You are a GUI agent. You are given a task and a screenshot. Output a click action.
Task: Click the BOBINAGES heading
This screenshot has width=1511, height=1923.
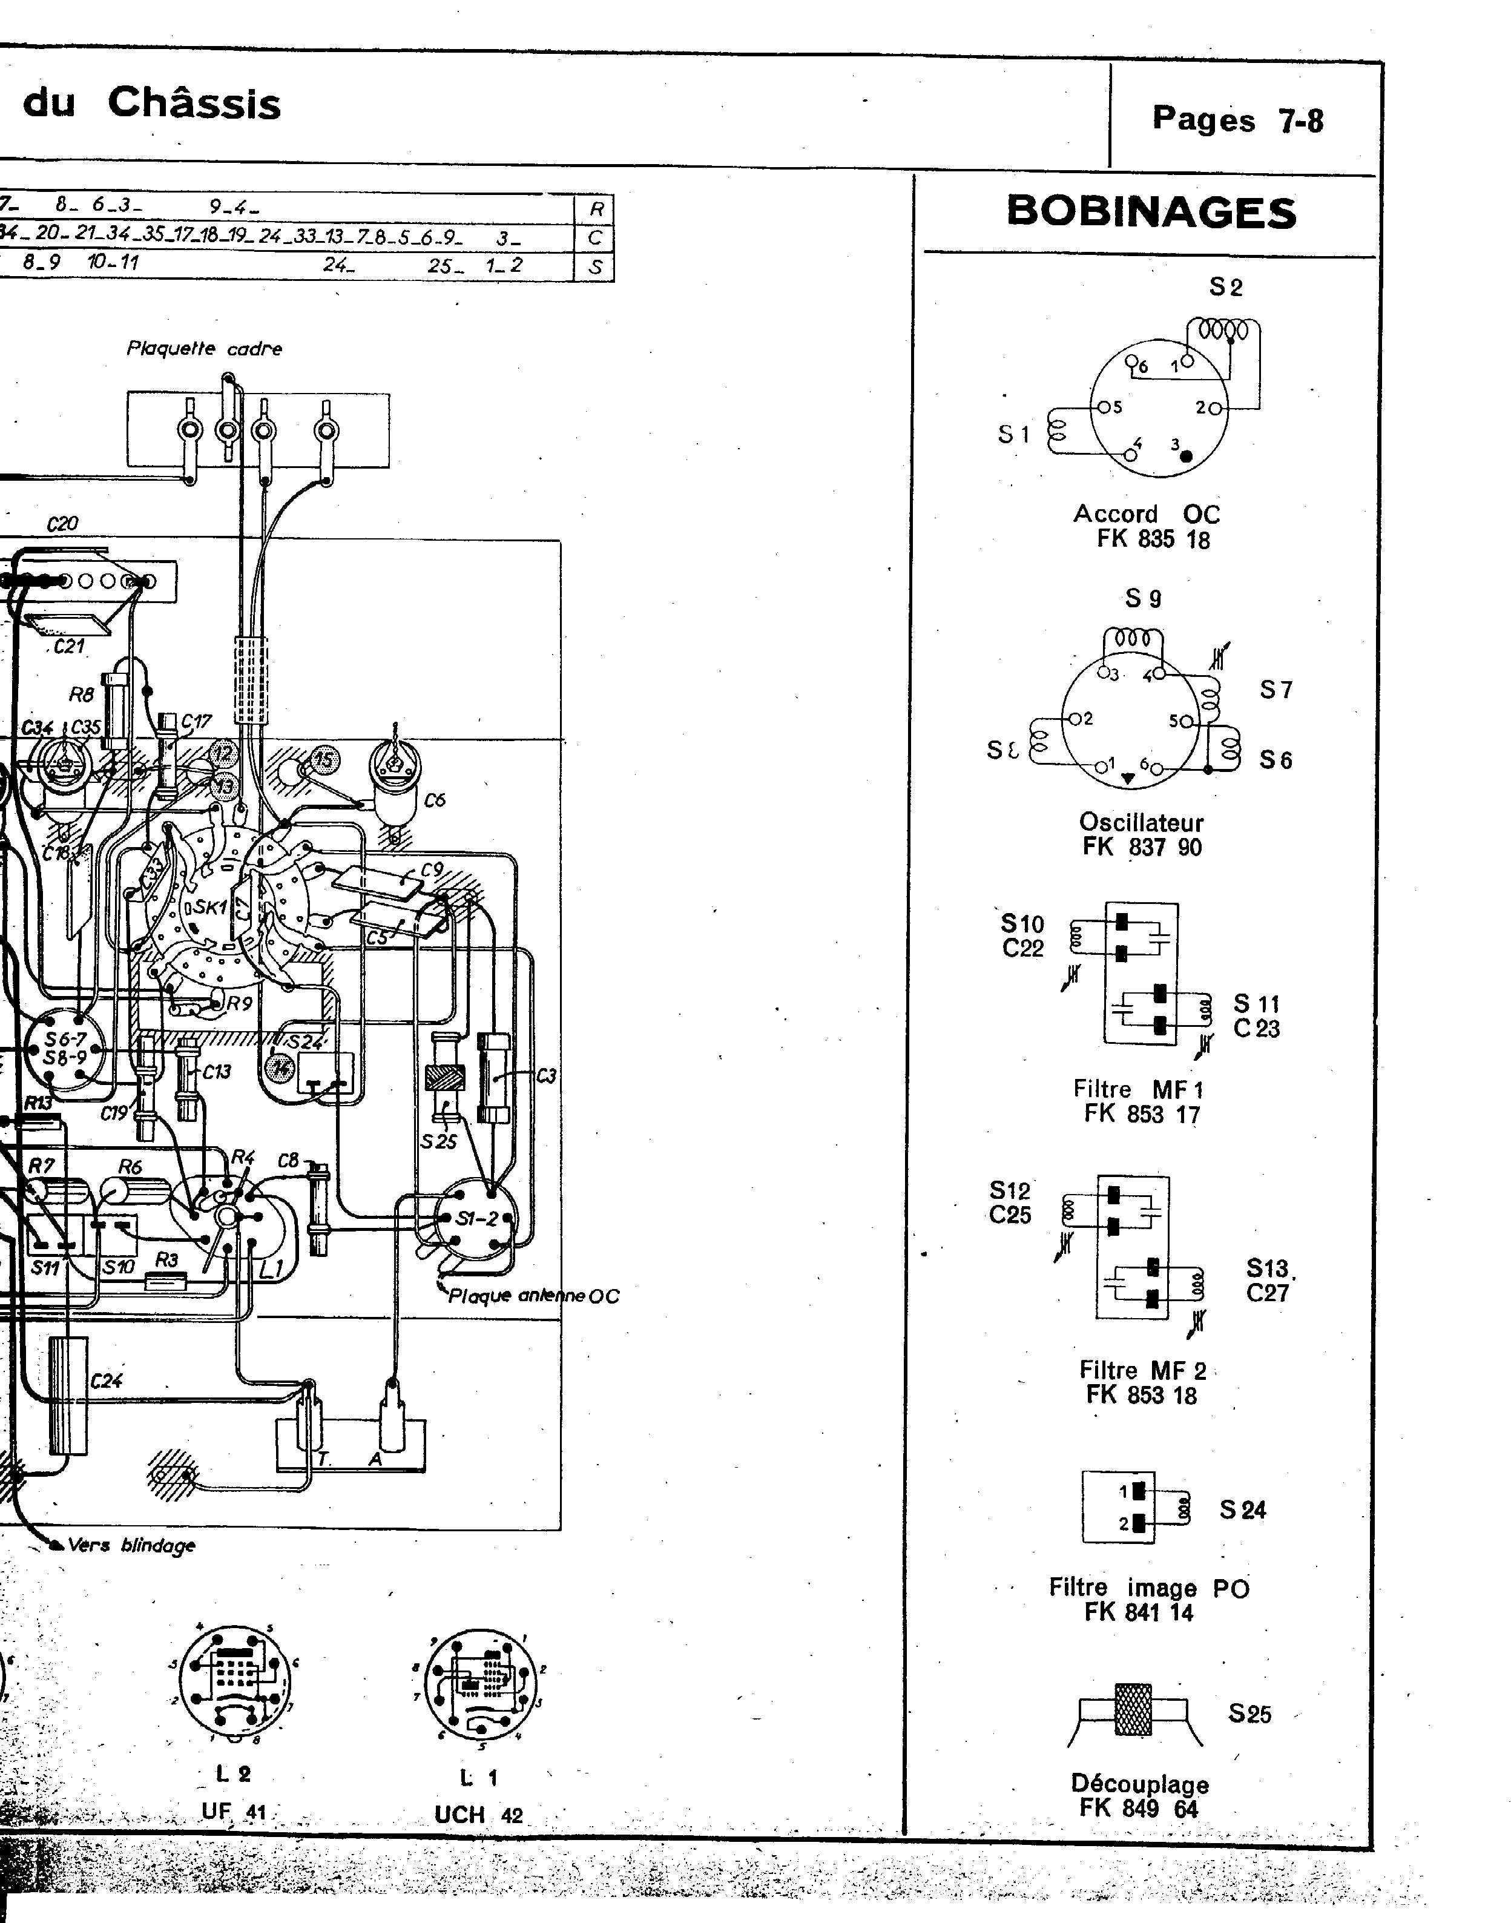(x=1151, y=213)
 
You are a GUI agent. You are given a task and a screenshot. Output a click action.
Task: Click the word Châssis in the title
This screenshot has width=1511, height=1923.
(x=194, y=104)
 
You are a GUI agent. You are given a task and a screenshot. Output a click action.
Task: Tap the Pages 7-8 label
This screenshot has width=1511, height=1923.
(x=1237, y=119)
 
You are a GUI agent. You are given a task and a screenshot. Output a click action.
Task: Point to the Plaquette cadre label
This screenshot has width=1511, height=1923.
(x=205, y=349)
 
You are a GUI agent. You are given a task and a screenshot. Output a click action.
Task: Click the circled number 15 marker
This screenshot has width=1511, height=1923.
(x=324, y=759)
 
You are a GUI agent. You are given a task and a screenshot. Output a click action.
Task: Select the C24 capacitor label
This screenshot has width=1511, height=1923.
(x=106, y=1380)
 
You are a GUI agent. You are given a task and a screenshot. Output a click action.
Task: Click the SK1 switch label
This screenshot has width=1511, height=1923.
(x=209, y=907)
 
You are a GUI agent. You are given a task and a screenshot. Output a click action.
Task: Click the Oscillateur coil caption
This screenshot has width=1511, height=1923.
(x=1141, y=822)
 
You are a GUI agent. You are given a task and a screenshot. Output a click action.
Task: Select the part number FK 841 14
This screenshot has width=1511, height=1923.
(x=1139, y=1612)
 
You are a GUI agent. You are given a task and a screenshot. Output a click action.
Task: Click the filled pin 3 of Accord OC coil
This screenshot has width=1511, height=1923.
(x=1187, y=456)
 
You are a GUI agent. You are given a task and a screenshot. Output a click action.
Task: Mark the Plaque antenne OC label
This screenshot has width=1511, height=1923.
(x=533, y=1296)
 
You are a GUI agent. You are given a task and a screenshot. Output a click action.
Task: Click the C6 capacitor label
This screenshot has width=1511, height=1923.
(x=435, y=800)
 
